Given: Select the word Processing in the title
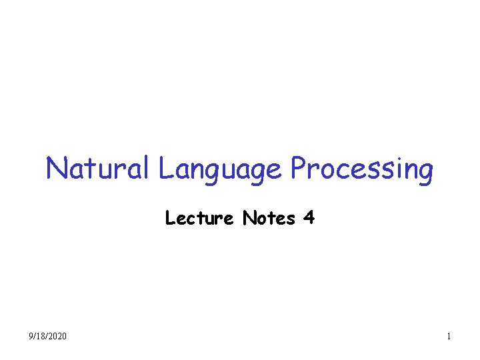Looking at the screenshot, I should [x=361, y=169].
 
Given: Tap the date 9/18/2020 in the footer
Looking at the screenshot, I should [x=48, y=337].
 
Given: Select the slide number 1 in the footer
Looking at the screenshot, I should [x=449, y=337].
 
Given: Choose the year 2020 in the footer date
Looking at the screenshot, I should [x=57, y=337].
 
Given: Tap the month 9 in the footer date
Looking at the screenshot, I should [x=32, y=337].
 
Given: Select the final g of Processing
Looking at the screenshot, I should [x=425, y=172].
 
